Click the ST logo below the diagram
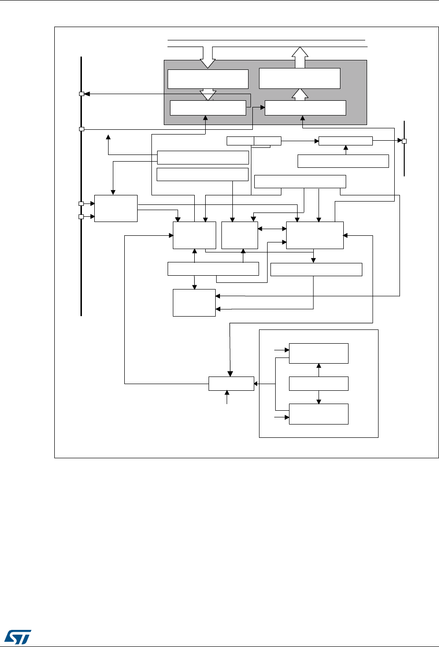click(18, 633)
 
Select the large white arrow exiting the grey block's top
click(299, 57)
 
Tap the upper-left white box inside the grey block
click(208, 78)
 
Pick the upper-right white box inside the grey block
click(299, 78)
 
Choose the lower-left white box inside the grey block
click(208, 108)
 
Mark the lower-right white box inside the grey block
click(305, 108)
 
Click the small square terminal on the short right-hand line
click(404, 141)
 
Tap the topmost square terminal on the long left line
click(81, 94)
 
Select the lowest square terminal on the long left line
click(81, 217)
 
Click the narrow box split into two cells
click(254, 141)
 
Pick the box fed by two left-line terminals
click(116, 208)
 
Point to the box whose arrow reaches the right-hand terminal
click(345, 141)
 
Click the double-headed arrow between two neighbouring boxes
click(272, 229)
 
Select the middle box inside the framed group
click(319, 383)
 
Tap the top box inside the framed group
click(319, 353)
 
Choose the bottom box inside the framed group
click(319, 414)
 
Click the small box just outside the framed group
click(231, 383)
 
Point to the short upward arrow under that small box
click(227, 397)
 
